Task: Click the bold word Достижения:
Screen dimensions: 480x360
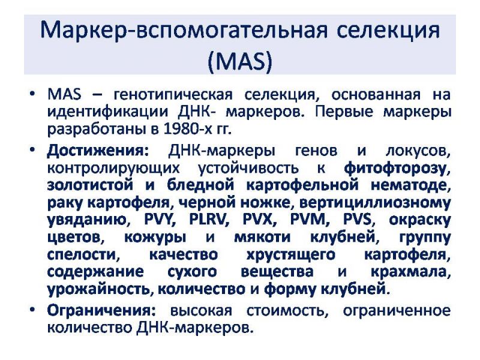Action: [x=98, y=151]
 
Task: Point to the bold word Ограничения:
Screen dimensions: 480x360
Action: [x=101, y=311]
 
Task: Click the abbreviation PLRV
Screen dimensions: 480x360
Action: [x=209, y=219]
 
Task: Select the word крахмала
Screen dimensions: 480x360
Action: [x=410, y=272]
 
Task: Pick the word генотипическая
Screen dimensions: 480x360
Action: [x=173, y=95]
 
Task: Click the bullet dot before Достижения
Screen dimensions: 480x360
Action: [x=32, y=151]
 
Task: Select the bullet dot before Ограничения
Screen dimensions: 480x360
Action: [x=32, y=310]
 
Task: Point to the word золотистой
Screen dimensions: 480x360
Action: [x=90, y=185]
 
